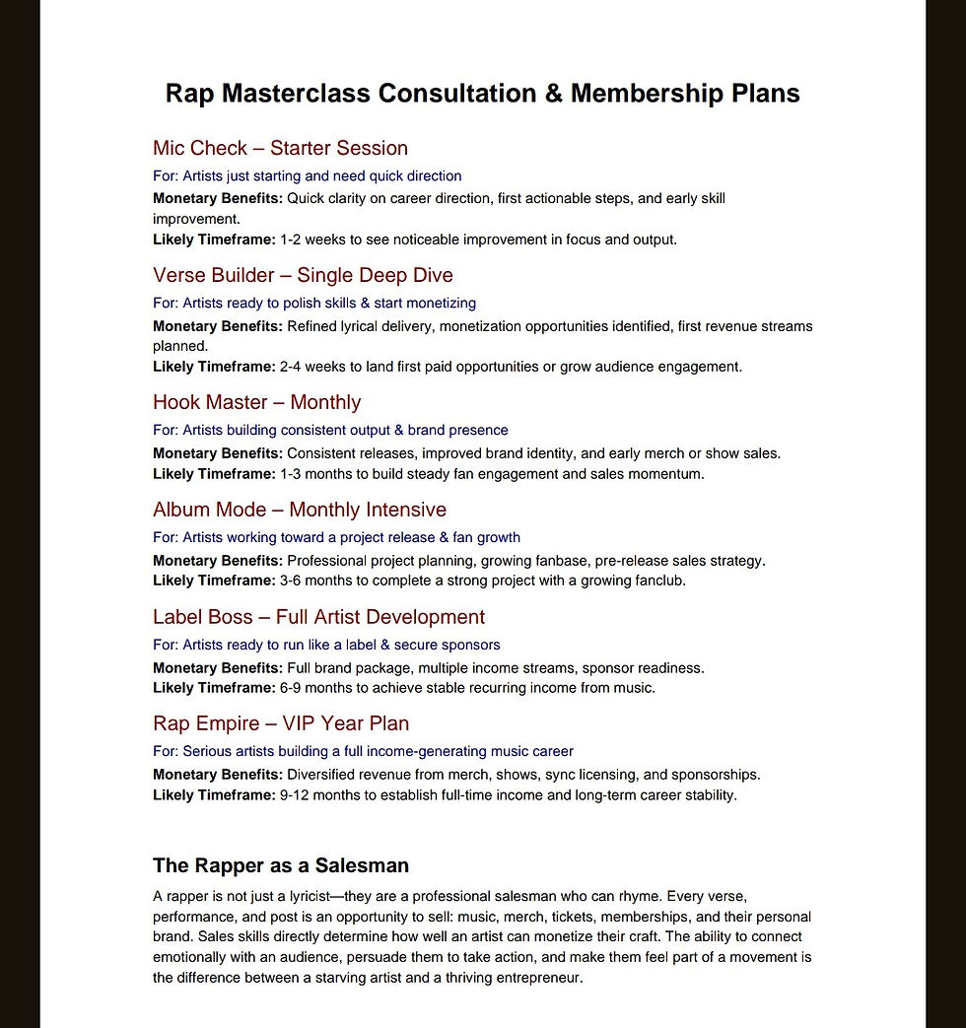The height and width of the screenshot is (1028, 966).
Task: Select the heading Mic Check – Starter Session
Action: (280, 148)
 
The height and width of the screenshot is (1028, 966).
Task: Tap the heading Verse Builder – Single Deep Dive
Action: (303, 275)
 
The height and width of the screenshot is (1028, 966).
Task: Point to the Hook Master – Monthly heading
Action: (256, 402)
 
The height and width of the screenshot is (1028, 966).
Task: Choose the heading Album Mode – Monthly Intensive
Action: (299, 510)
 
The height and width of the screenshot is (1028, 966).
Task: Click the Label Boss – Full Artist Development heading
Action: (318, 617)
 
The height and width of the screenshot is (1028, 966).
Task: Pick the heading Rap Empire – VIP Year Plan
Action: (281, 723)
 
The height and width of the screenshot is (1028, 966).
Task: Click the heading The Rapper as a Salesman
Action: (280, 865)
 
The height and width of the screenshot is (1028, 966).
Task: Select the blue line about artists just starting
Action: (307, 175)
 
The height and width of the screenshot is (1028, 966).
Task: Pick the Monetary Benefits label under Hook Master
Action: (218, 453)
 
